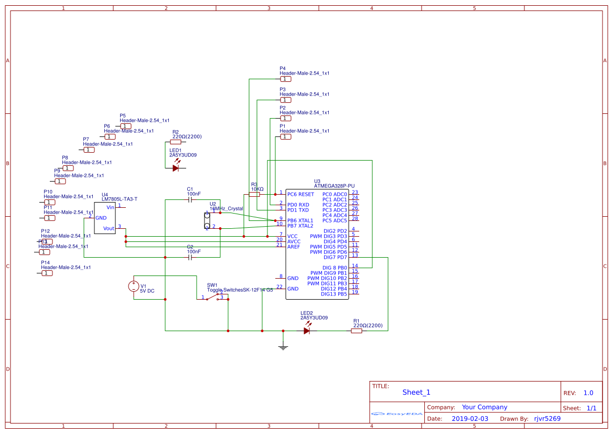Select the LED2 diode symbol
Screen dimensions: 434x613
[x=307, y=331]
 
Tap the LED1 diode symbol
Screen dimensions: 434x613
[x=176, y=168]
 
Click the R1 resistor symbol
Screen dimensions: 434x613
[x=357, y=331]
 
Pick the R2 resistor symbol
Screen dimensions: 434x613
[x=176, y=142]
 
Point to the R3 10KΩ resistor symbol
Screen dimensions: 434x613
[x=254, y=194]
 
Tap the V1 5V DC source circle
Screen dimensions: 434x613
[x=134, y=286]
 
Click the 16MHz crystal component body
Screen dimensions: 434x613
[x=207, y=221]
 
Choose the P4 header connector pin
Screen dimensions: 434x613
[x=285, y=79]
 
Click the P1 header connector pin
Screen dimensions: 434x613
[x=285, y=136]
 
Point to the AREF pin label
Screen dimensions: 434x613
[x=294, y=247]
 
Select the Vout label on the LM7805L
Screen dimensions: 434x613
[x=109, y=228]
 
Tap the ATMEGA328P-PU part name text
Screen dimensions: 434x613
[x=334, y=186]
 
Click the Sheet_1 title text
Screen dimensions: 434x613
[x=416, y=392]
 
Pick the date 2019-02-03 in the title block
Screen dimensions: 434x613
[x=470, y=419]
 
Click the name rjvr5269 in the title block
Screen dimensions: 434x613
[x=547, y=419]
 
